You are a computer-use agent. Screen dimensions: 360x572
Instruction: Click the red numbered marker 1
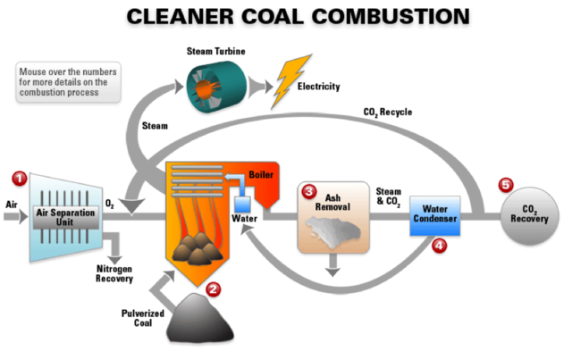[21, 177]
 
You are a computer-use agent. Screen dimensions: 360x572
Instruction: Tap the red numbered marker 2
[213, 289]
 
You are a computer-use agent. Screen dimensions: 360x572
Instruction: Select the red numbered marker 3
[309, 191]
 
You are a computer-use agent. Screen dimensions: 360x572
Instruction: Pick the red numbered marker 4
[439, 246]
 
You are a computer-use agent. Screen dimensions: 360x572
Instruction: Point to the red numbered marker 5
[506, 185]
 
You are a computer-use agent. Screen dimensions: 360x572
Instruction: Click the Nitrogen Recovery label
[114, 272]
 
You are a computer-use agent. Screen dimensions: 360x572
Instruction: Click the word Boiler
[260, 174]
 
